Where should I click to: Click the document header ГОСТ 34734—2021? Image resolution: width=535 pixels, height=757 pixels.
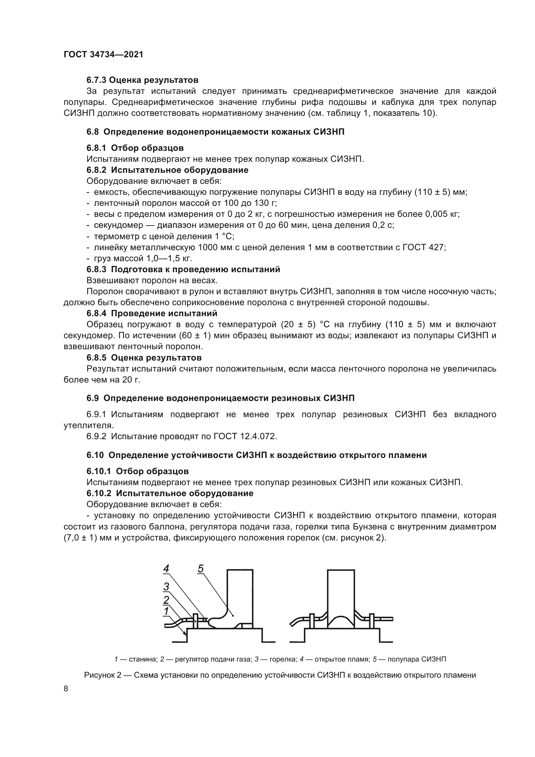pyautogui.click(x=104, y=54)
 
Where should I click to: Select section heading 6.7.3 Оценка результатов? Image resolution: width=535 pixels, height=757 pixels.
pyautogui.click(x=142, y=80)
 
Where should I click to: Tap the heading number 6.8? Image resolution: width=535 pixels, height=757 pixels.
pyautogui.click(x=93, y=132)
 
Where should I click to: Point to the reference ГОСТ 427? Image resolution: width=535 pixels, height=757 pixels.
pyautogui.click(x=424, y=247)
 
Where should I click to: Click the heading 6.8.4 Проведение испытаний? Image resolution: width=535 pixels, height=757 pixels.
pyautogui.click(x=152, y=313)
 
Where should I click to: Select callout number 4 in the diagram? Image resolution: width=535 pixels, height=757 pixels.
pyautogui.click(x=166, y=568)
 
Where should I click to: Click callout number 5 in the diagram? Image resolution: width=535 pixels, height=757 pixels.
pyautogui.click(x=201, y=568)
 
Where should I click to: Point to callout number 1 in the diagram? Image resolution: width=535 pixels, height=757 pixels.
pyautogui.click(x=166, y=611)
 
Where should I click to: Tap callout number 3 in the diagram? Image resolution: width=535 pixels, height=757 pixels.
pyautogui.click(x=166, y=586)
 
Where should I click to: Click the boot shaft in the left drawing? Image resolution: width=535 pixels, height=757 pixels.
pyautogui.click(x=240, y=590)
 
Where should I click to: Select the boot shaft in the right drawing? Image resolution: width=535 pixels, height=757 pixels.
pyautogui.click(x=341, y=590)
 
